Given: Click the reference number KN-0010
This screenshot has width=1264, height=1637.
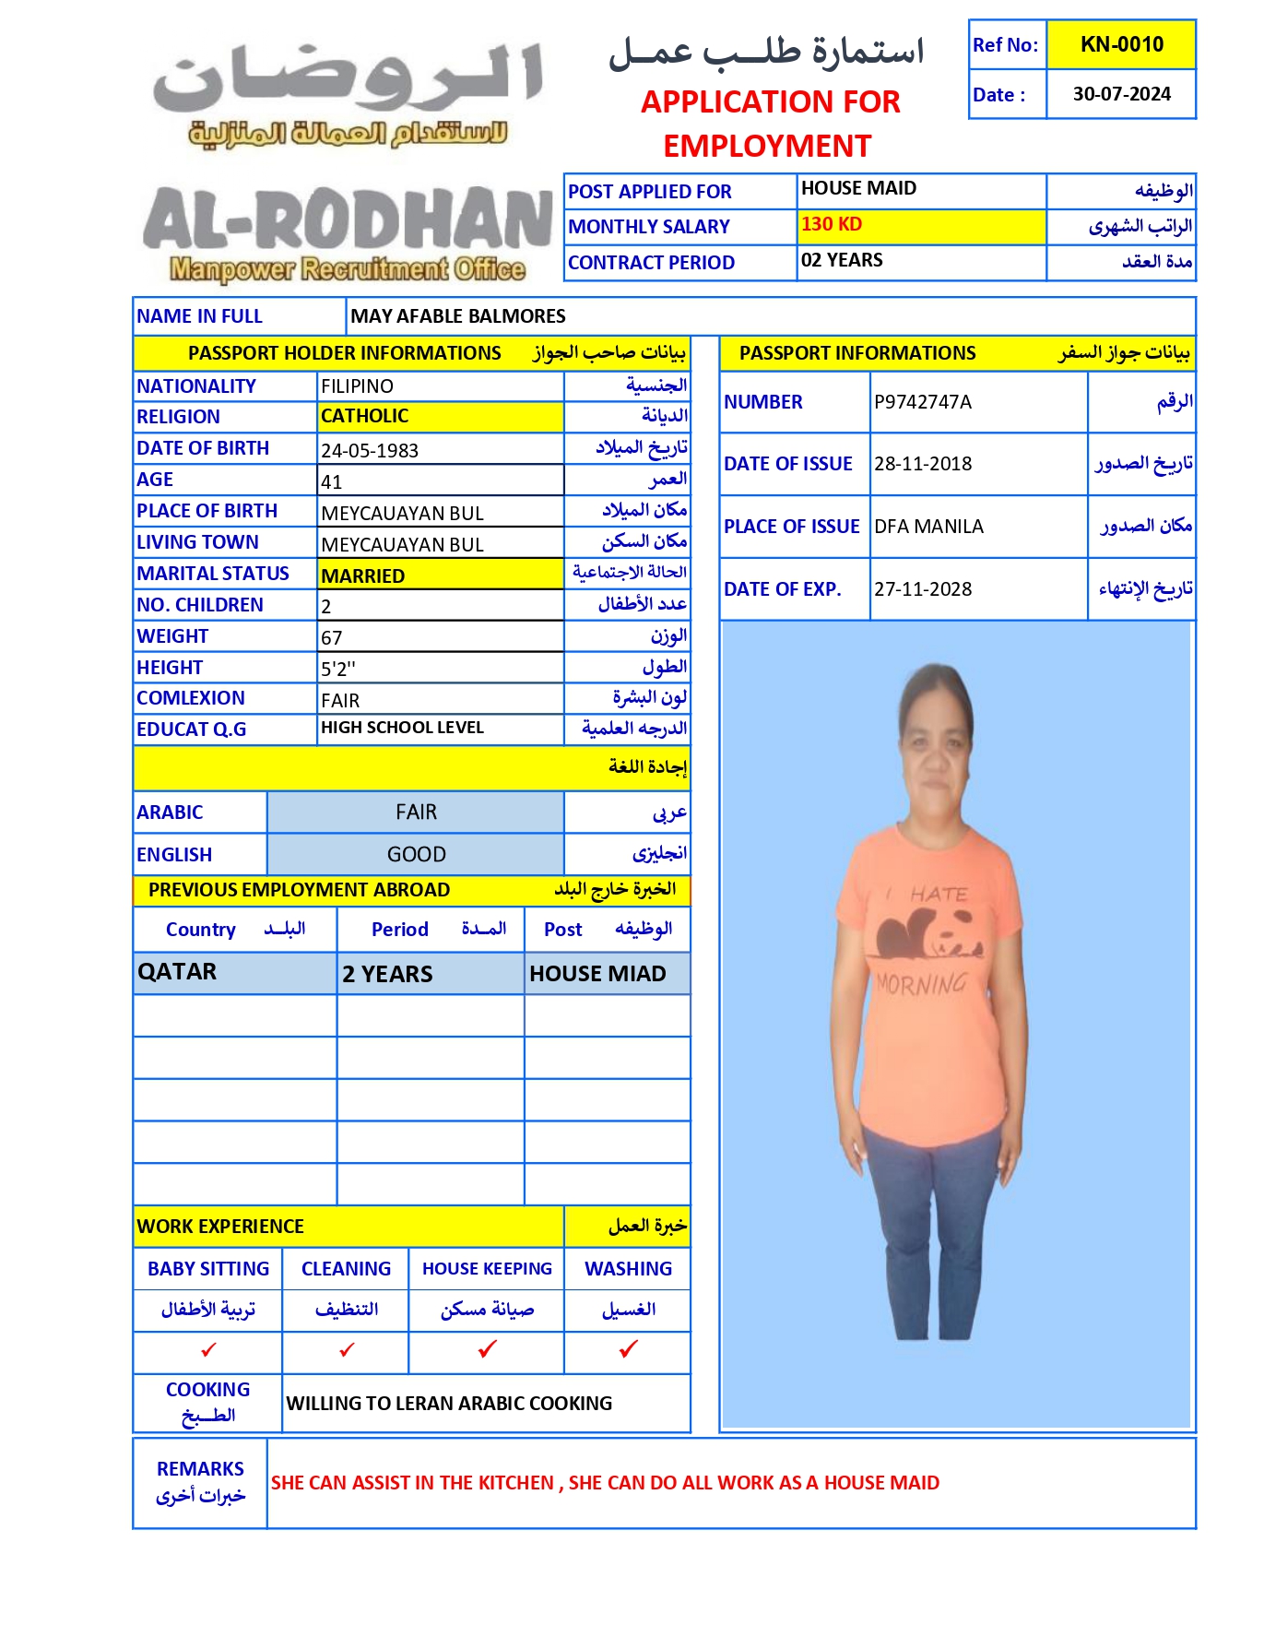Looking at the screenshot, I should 1121,44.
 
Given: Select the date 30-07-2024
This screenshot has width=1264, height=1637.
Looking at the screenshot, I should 1121,94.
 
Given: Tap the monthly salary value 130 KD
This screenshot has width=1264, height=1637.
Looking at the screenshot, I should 832,224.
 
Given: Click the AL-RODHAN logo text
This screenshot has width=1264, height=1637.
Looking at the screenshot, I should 348,220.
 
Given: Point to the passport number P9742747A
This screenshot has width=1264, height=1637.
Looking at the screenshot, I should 923,402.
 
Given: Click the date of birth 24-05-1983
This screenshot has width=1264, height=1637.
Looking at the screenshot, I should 370,450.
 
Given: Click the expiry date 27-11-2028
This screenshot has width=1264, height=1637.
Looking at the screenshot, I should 923,589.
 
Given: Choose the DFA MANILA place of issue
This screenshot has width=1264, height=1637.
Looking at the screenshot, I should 928,527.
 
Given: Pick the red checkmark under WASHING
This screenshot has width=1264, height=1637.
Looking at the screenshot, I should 628,1349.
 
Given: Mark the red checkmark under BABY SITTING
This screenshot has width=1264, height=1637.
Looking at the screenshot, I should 208,1350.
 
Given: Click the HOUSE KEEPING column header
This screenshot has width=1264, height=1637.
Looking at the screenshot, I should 487,1269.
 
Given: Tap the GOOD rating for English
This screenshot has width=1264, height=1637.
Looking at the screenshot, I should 416,855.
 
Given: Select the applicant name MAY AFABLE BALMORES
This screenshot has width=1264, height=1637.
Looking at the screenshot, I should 458,316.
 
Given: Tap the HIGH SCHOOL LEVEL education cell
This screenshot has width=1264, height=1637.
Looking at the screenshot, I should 402,728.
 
